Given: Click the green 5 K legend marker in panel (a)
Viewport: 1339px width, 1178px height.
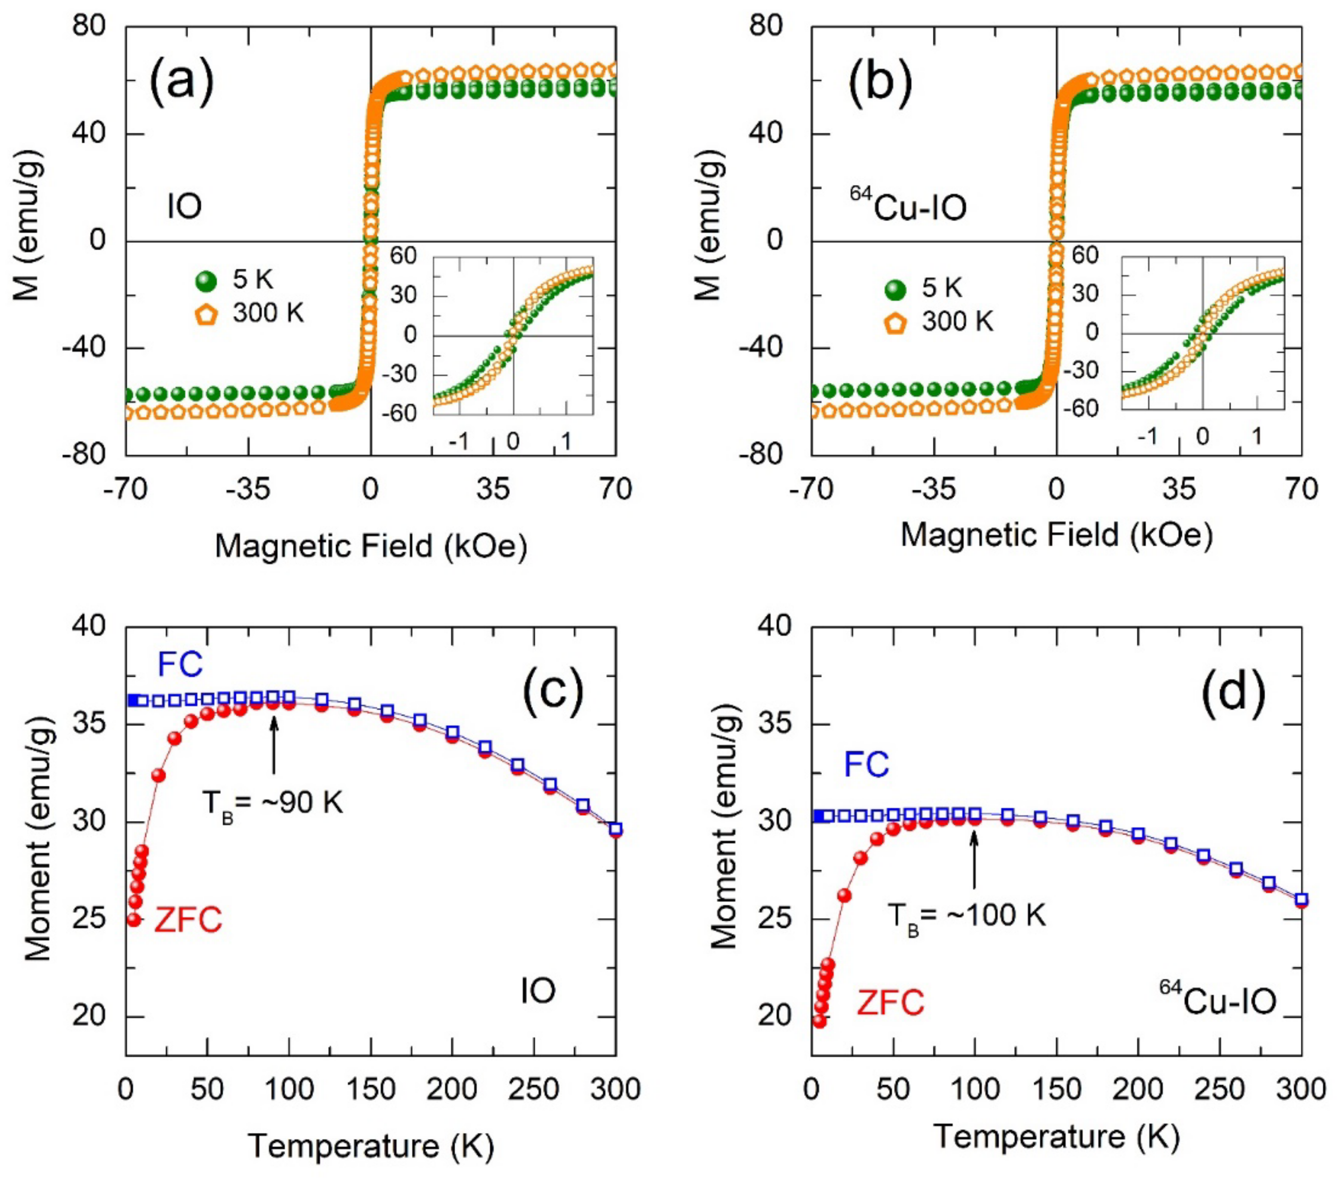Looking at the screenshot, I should click(x=206, y=282).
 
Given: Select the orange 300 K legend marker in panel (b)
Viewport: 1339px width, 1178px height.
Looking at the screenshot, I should click(x=895, y=323).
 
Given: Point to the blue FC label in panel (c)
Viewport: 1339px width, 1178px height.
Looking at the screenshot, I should click(x=180, y=665).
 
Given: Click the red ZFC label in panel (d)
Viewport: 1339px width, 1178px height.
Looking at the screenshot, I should click(x=890, y=1002).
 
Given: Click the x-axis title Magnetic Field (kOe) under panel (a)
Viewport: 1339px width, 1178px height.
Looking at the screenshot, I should click(x=371, y=545).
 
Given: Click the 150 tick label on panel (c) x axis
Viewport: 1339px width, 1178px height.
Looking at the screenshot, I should click(x=370, y=1090).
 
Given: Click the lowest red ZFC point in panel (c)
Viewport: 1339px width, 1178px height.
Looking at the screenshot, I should click(x=134, y=919).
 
